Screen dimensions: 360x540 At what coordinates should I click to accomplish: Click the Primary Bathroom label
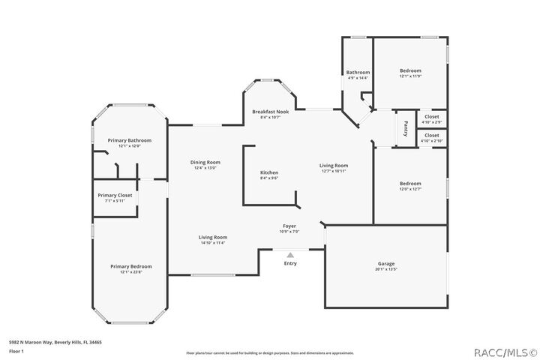129,140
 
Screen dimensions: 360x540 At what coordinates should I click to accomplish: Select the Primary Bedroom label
130,266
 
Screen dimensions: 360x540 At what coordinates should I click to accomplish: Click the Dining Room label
205,162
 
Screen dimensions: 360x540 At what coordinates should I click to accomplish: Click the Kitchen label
268,172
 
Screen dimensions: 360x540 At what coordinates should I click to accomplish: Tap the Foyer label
289,226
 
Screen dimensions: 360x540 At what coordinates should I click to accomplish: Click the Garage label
385,263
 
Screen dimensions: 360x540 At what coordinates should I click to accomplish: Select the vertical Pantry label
406,128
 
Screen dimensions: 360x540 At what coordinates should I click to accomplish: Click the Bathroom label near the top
358,72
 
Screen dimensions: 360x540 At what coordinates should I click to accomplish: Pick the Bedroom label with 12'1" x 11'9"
409,70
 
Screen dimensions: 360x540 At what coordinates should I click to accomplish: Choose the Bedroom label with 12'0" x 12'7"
409,183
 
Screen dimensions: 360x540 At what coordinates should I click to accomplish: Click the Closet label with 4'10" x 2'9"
431,116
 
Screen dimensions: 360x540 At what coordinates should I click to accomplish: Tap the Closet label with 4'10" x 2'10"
431,136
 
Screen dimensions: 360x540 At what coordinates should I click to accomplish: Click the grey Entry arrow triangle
289,255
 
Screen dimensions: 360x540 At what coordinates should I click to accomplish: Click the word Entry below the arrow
289,263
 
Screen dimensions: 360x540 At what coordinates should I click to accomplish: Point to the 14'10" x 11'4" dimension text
214,243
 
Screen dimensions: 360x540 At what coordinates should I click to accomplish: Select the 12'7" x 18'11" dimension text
334,171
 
